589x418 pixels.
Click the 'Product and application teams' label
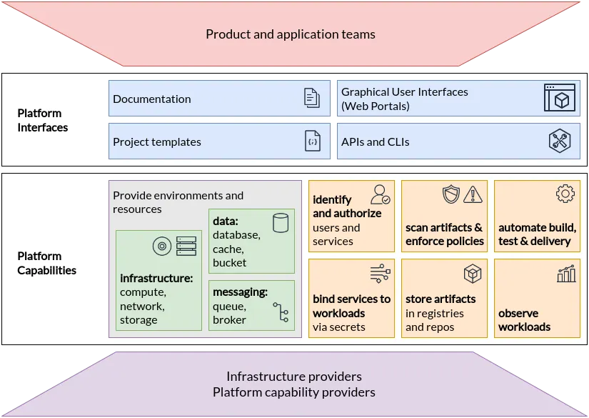pyautogui.click(x=290, y=34)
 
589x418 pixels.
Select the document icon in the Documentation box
pyautogui.click(x=312, y=98)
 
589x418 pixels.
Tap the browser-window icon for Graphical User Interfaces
pyautogui.click(x=559, y=98)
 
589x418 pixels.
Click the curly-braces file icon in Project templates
pyautogui.click(x=312, y=141)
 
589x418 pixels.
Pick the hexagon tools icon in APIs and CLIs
pyautogui.click(x=559, y=141)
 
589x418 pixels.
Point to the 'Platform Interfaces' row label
pyautogui.click(x=43, y=120)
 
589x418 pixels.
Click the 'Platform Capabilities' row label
pyautogui.click(x=47, y=263)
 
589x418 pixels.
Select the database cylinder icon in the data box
pyautogui.click(x=281, y=222)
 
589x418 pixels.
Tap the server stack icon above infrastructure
pyautogui.click(x=186, y=247)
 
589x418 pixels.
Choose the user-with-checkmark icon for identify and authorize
pyautogui.click(x=380, y=194)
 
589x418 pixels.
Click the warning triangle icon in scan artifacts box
pyautogui.click(x=473, y=194)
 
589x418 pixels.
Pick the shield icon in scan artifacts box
pyautogui.click(x=451, y=194)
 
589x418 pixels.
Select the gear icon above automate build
pyautogui.click(x=565, y=194)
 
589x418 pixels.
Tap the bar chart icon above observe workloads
pyautogui.click(x=565, y=273)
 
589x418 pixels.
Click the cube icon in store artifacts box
pyautogui.click(x=473, y=274)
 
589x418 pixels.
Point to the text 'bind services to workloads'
pyautogui.click(x=351, y=306)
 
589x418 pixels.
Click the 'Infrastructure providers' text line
pyautogui.click(x=293, y=377)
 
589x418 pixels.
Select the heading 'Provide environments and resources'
pyautogui.click(x=178, y=202)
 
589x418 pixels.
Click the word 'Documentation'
pyautogui.click(x=152, y=99)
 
